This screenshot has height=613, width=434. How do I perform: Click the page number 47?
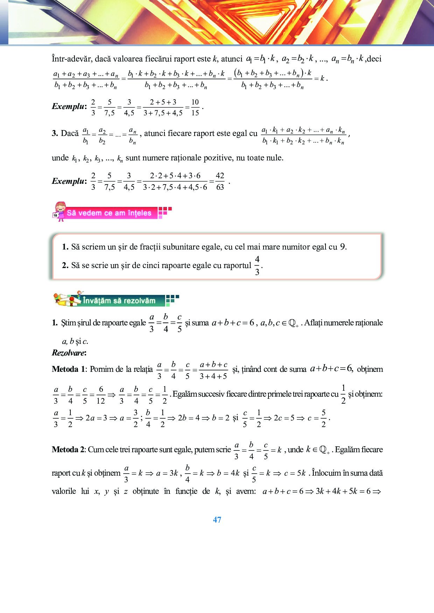[217, 520]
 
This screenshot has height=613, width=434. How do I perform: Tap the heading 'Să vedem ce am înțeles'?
[109, 213]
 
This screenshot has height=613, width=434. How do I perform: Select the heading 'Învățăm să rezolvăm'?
[119, 301]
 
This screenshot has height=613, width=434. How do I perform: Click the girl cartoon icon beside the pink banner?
[60, 211]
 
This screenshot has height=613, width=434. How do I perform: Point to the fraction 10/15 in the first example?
[195, 107]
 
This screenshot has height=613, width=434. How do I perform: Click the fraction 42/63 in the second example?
[220, 181]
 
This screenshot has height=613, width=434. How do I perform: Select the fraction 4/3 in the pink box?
[257, 265]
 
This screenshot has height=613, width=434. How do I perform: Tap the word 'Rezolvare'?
[69, 353]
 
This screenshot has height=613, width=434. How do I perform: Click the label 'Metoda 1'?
[69, 369]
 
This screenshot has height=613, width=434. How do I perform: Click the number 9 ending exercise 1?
[343, 247]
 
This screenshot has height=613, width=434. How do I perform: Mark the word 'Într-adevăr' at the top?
[72, 59]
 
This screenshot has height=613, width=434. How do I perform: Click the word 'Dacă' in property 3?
[70, 133]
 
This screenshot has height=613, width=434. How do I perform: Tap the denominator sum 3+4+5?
[213, 376]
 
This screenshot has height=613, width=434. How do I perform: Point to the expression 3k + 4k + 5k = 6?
[343, 491]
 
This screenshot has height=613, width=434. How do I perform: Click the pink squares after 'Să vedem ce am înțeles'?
[164, 212]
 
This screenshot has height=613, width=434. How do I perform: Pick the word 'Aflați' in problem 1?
[313, 323]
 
